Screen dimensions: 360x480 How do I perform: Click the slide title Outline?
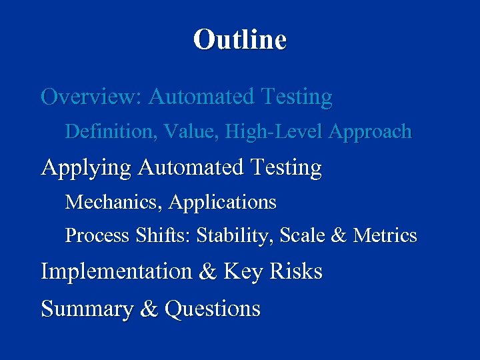point(240,39)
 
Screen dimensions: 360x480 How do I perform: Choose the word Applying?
point(87,168)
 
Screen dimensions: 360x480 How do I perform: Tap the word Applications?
point(223,201)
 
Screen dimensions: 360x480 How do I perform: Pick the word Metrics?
point(385,236)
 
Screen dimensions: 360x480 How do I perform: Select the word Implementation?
point(115,272)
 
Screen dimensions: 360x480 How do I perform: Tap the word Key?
point(241,273)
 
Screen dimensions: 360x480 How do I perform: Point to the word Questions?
point(212,309)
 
